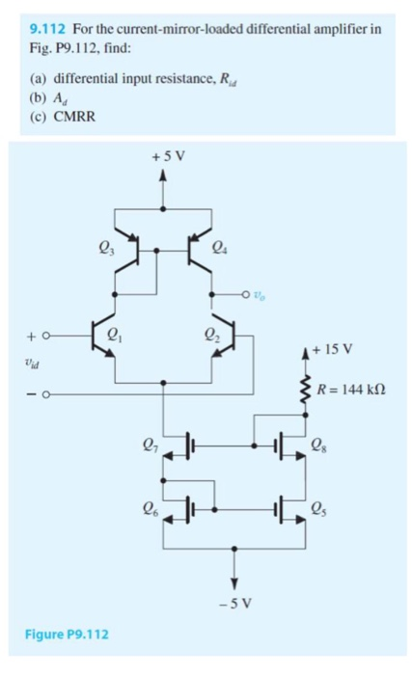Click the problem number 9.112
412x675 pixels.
(x=50, y=29)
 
